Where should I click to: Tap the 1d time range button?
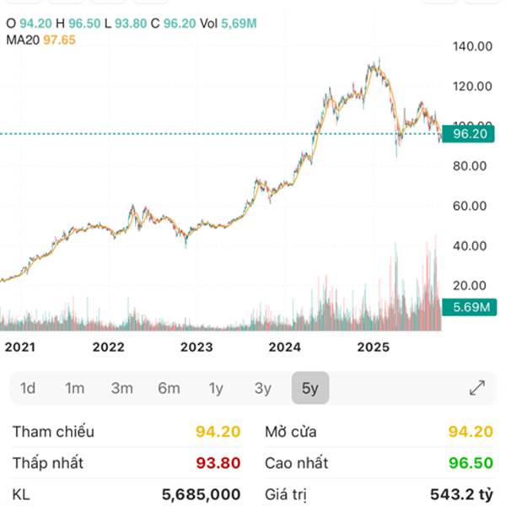pos(28,389)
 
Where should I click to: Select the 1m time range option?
pos(75,389)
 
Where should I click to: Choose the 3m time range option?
pos(122,389)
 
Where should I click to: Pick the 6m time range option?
pos(169,389)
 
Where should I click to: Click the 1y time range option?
pos(216,389)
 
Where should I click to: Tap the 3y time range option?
pos(263,389)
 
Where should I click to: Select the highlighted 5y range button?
pos(310,389)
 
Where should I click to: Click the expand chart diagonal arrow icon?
pos(477,388)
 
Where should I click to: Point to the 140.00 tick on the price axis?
pos(471,46)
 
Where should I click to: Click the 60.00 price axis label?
pos(471,206)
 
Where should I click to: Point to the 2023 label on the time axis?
pos(196,347)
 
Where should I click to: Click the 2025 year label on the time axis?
pos(372,347)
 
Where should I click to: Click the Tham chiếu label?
pos(53,432)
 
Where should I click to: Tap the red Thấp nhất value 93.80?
pos(218,463)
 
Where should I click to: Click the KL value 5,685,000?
pos(201,494)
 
